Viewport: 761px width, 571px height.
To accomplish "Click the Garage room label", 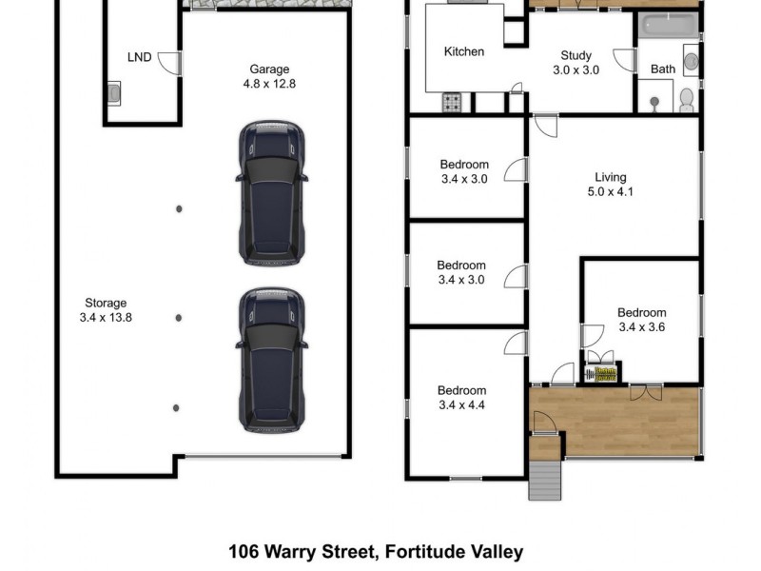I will (x=269, y=69).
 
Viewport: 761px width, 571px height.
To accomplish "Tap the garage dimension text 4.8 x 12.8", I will (x=269, y=84).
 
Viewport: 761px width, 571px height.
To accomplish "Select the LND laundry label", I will (x=140, y=57).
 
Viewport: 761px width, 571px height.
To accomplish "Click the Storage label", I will (x=106, y=304).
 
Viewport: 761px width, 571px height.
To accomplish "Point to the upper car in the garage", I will (x=272, y=192).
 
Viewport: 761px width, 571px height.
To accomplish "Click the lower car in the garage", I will (x=272, y=360).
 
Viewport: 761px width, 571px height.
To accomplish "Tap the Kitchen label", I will (x=464, y=52).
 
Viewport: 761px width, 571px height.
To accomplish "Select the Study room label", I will (x=576, y=55).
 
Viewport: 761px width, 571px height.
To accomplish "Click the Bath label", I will (x=663, y=69).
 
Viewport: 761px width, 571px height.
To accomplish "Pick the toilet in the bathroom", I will (x=687, y=99).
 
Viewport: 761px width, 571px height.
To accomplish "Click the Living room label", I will (x=611, y=177).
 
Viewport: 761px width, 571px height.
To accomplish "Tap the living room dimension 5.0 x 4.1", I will (x=611, y=192).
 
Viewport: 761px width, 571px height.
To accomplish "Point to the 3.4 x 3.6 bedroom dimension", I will (x=641, y=327).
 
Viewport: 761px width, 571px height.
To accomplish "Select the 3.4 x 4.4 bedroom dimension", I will (x=461, y=405).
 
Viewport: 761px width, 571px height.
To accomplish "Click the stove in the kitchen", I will (x=452, y=102).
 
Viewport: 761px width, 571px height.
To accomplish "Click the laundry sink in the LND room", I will (x=114, y=93).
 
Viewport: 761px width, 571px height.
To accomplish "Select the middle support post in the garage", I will (x=178, y=318).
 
